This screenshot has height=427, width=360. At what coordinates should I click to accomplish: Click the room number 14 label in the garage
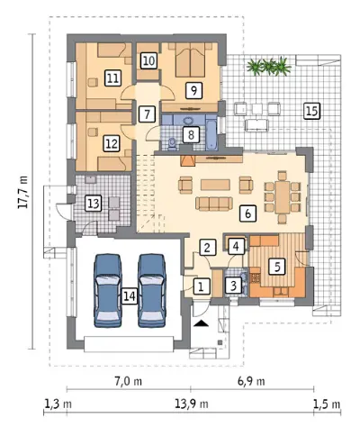(130, 296)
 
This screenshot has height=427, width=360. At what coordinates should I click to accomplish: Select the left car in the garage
(108, 290)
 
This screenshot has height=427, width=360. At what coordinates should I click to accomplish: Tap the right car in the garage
(152, 290)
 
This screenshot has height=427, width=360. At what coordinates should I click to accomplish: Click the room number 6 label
(247, 213)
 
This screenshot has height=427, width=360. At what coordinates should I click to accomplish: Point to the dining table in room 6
(283, 197)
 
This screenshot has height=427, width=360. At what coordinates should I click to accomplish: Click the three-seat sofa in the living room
(214, 204)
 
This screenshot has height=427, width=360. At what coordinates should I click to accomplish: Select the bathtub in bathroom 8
(211, 135)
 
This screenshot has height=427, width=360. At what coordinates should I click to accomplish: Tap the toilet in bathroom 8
(172, 143)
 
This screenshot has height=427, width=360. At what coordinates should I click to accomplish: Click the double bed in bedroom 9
(190, 59)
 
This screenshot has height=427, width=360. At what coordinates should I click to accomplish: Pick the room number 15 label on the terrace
(312, 111)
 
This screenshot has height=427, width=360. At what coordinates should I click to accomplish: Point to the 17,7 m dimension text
(23, 192)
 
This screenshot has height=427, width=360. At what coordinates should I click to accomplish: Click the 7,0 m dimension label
(129, 381)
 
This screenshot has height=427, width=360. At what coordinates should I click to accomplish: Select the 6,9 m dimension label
(251, 381)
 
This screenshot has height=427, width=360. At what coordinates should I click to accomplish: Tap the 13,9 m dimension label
(192, 404)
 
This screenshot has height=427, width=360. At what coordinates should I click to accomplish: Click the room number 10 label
(148, 60)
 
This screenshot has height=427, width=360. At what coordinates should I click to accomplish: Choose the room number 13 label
(94, 204)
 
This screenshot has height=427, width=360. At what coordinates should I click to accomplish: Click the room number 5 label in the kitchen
(277, 267)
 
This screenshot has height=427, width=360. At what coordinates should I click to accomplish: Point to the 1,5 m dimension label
(327, 404)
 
